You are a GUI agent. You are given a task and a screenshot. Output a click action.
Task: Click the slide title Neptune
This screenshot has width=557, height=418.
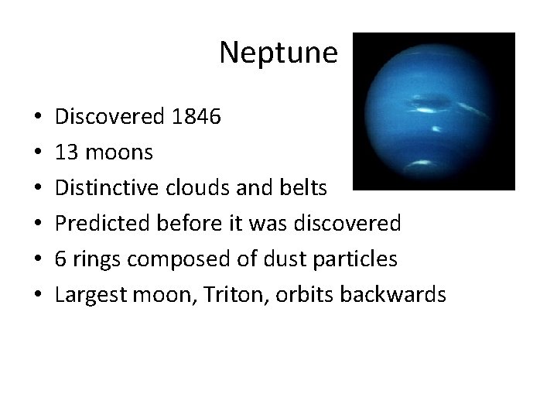[x=278, y=53]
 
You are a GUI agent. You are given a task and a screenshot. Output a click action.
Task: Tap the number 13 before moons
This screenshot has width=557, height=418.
[x=66, y=152]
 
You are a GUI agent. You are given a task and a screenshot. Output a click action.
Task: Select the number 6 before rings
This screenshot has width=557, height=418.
[x=61, y=259]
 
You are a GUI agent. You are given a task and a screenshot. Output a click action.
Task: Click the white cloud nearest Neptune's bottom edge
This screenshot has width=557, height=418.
[x=422, y=163]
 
